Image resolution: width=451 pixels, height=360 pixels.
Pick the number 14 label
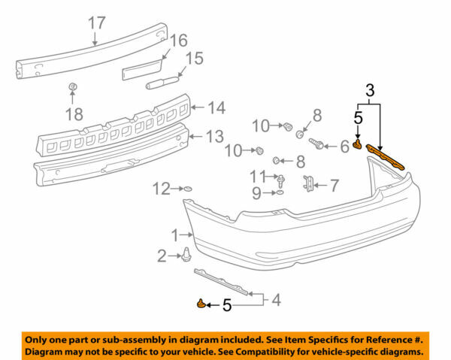pyautogui.click(x=216, y=107)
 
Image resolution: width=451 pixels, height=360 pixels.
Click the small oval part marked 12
pyautogui.click(x=188, y=188)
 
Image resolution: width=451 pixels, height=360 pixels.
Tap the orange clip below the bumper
pyautogui.click(x=201, y=304)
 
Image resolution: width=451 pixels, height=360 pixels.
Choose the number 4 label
pyautogui.click(x=276, y=301)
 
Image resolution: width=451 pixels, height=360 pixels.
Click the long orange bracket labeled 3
pyautogui.click(x=387, y=156)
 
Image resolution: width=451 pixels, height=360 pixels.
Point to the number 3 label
pyautogui.click(x=369, y=90)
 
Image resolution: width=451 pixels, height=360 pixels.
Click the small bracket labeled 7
pyautogui.click(x=309, y=183)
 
